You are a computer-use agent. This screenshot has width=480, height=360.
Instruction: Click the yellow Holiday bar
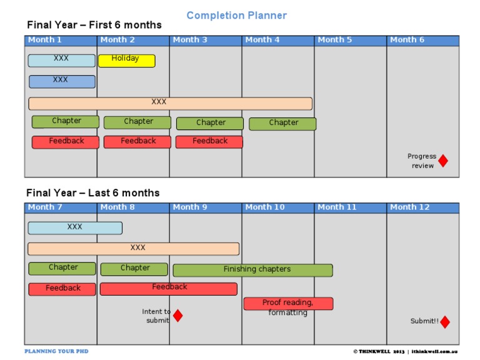pos(126,61)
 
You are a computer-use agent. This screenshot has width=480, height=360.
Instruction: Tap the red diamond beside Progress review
pos(443,161)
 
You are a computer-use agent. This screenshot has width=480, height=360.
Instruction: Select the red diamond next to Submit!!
pos(445,322)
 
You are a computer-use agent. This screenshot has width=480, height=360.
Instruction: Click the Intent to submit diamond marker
pos(177,316)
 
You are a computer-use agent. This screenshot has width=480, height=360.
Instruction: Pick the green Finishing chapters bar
pos(252,270)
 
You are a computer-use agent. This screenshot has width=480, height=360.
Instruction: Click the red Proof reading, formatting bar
pos(288,304)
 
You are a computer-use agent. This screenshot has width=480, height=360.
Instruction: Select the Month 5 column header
pos(350,41)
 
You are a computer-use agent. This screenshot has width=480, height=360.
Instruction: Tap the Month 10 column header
pos(277,207)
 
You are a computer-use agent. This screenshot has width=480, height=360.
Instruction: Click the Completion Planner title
pos(237,15)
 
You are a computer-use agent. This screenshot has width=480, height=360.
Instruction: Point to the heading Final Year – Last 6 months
pos(92,192)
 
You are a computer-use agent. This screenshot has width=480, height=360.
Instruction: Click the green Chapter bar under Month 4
pos(282,124)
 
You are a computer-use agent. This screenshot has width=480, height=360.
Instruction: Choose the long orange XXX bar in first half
pos(170,103)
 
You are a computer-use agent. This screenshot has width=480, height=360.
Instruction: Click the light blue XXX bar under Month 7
pos(75,228)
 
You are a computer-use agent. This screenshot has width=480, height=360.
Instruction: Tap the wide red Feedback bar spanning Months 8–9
pos(169,289)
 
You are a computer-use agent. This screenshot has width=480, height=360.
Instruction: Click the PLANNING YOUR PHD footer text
pos(56,351)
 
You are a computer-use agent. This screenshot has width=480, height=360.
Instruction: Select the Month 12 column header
pos(422,207)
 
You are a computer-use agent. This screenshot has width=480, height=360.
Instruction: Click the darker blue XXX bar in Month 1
pos(62,81)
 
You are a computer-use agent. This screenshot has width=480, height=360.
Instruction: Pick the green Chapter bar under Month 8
pos(134,269)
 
